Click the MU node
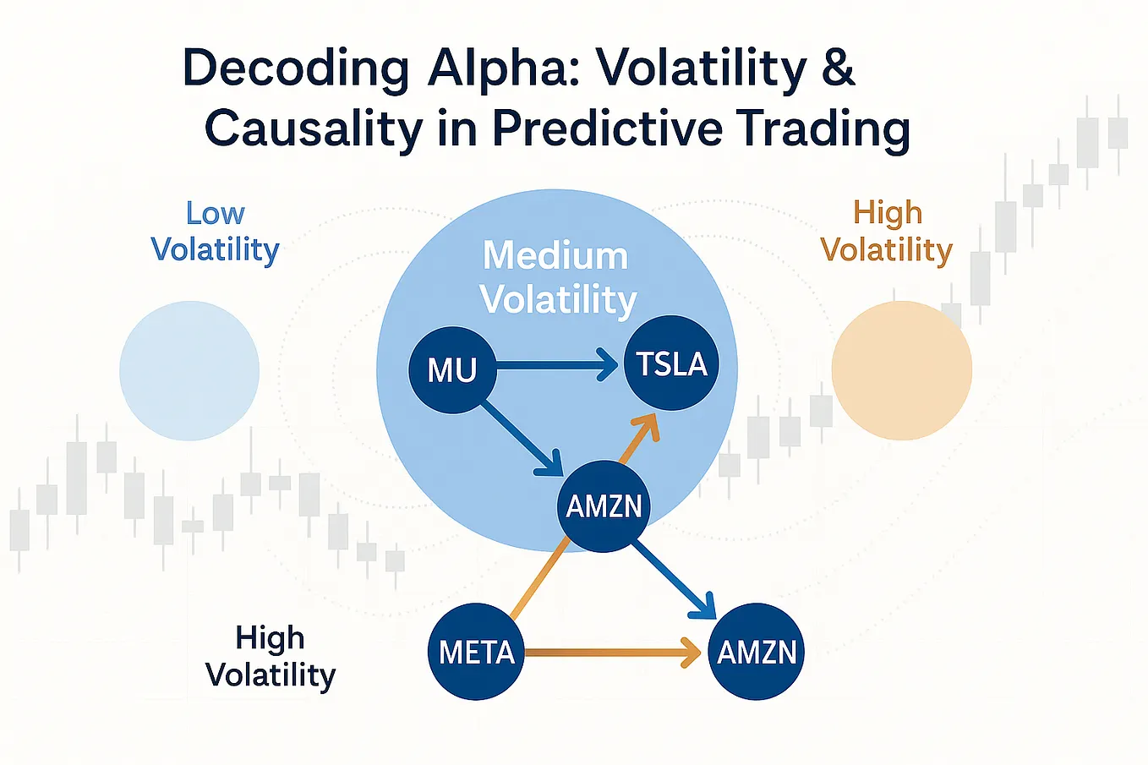click(x=452, y=370)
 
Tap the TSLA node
click(x=671, y=363)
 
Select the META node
click(x=476, y=652)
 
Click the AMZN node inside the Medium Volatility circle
click(x=604, y=506)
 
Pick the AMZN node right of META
click(x=757, y=652)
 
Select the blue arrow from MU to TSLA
click(x=554, y=366)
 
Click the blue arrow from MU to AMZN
click(x=520, y=438)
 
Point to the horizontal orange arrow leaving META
click(x=609, y=653)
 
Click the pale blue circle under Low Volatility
click(x=189, y=370)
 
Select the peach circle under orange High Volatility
click(x=901, y=370)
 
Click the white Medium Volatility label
click(x=557, y=277)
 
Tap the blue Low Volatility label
click(x=215, y=232)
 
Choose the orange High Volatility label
click(x=887, y=232)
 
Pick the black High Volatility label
click(x=271, y=656)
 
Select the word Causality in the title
click(x=313, y=129)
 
